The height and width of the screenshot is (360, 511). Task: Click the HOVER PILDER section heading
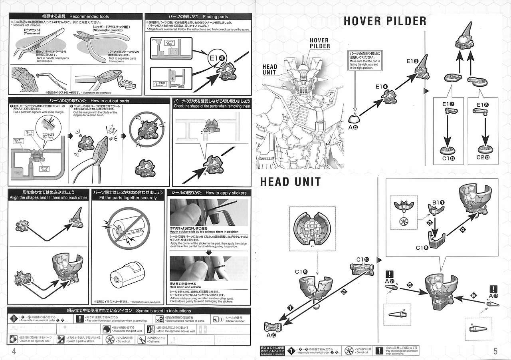point(384,21)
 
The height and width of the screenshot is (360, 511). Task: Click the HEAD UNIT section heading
point(290,181)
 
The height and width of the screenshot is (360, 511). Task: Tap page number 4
point(14,351)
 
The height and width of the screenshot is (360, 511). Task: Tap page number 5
point(495,351)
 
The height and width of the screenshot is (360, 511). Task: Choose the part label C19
point(301,272)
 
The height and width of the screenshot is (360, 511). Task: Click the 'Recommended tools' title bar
point(75,16)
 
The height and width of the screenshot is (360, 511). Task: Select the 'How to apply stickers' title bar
point(209,193)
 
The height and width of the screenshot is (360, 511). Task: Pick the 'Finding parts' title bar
point(198,16)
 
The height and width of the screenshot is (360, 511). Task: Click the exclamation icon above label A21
point(390,274)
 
